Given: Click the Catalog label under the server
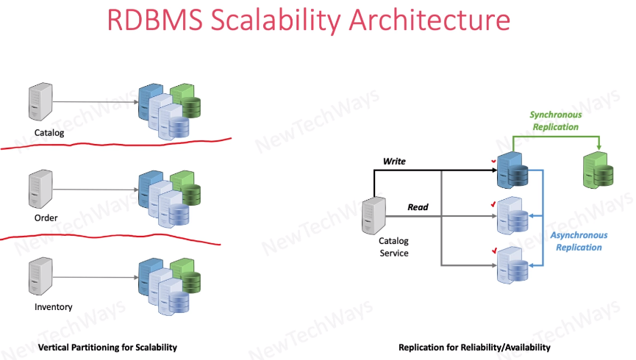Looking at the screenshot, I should click(x=49, y=133).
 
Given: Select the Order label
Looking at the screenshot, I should click(x=46, y=217).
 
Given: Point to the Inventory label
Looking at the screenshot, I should click(x=53, y=306).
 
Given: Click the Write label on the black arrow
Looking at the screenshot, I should click(x=395, y=160).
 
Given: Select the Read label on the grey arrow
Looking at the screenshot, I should click(x=418, y=207).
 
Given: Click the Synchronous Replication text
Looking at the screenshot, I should click(x=555, y=120).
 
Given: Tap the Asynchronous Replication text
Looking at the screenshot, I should click(x=579, y=241).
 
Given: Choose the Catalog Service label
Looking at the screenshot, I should click(x=393, y=247).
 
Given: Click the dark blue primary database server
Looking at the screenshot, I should click(x=509, y=169).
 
